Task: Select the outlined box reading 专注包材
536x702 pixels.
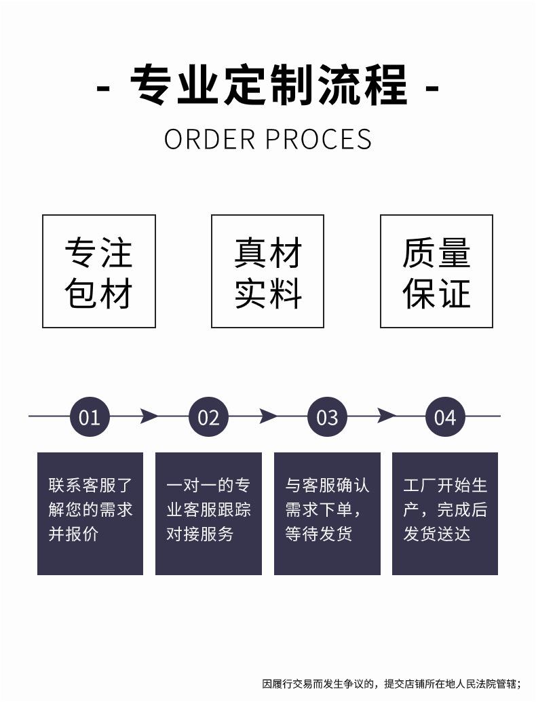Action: (99, 271)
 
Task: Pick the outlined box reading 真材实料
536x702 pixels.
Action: (267, 271)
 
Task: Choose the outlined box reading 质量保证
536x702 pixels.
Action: (436, 271)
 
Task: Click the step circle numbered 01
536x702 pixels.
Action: (90, 416)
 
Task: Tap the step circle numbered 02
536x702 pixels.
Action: (208, 416)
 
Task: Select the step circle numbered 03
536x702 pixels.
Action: (327, 416)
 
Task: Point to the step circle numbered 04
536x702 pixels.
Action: (445, 416)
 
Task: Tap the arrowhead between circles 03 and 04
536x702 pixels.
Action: (386, 416)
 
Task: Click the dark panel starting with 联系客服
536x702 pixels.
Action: (90, 513)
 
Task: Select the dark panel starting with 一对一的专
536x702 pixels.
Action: (208, 513)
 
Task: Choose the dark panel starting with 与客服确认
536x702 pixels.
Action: (327, 513)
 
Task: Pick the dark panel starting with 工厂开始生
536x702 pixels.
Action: (445, 513)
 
